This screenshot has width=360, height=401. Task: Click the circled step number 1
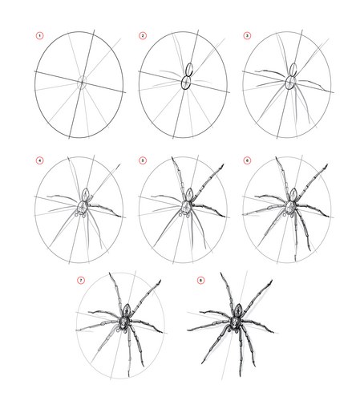click(39, 35)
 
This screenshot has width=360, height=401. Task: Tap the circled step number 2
click(143, 35)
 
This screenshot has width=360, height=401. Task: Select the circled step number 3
click(247, 35)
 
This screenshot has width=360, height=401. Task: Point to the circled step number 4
click(39, 160)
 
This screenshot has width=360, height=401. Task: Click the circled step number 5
click(143, 160)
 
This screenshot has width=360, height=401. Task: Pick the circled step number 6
click(247, 160)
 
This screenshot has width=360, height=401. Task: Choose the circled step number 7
click(81, 280)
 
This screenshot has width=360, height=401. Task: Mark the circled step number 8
click(200, 280)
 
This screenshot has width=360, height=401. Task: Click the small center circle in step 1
click(82, 83)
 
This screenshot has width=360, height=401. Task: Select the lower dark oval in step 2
click(186, 83)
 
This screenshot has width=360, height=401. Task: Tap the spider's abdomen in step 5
click(189, 194)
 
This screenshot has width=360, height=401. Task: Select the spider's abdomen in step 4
click(86, 194)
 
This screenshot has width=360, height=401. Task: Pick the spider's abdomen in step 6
click(293, 194)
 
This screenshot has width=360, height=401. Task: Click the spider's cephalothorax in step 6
click(290, 207)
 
